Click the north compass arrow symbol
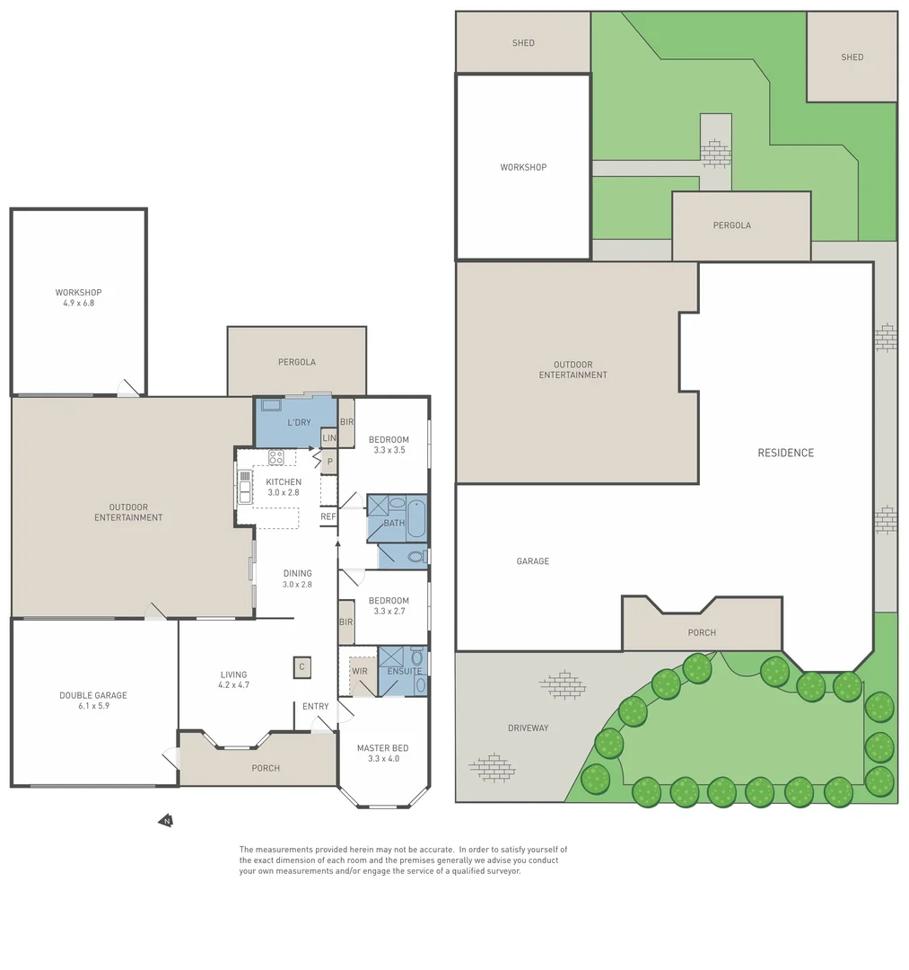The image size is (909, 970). tap(166, 821)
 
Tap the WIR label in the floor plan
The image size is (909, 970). tap(360, 671)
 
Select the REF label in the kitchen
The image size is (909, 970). tap(328, 516)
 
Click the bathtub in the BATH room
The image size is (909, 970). tap(416, 518)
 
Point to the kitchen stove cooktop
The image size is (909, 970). tap(276, 458)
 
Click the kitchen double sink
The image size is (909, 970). tap(245, 487)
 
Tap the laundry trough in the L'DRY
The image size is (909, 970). tap(271, 405)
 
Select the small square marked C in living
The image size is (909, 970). tap(302, 666)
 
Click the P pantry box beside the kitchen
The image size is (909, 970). tap(330, 463)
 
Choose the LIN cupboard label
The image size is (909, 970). tap(329, 438)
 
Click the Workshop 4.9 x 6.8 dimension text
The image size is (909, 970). tap(78, 304)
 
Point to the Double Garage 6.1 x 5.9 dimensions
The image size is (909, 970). tap(94, 706)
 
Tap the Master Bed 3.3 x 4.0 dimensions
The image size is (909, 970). tap(384, 758)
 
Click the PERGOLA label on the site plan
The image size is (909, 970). tap(732, 225)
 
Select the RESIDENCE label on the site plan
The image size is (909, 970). tap(786, 453)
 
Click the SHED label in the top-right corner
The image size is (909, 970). tap(852, 57)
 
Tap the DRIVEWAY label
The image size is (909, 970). tap(529, 728)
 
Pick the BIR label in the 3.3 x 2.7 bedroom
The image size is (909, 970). tap(346, 622)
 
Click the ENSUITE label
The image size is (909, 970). tap(405, 671)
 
